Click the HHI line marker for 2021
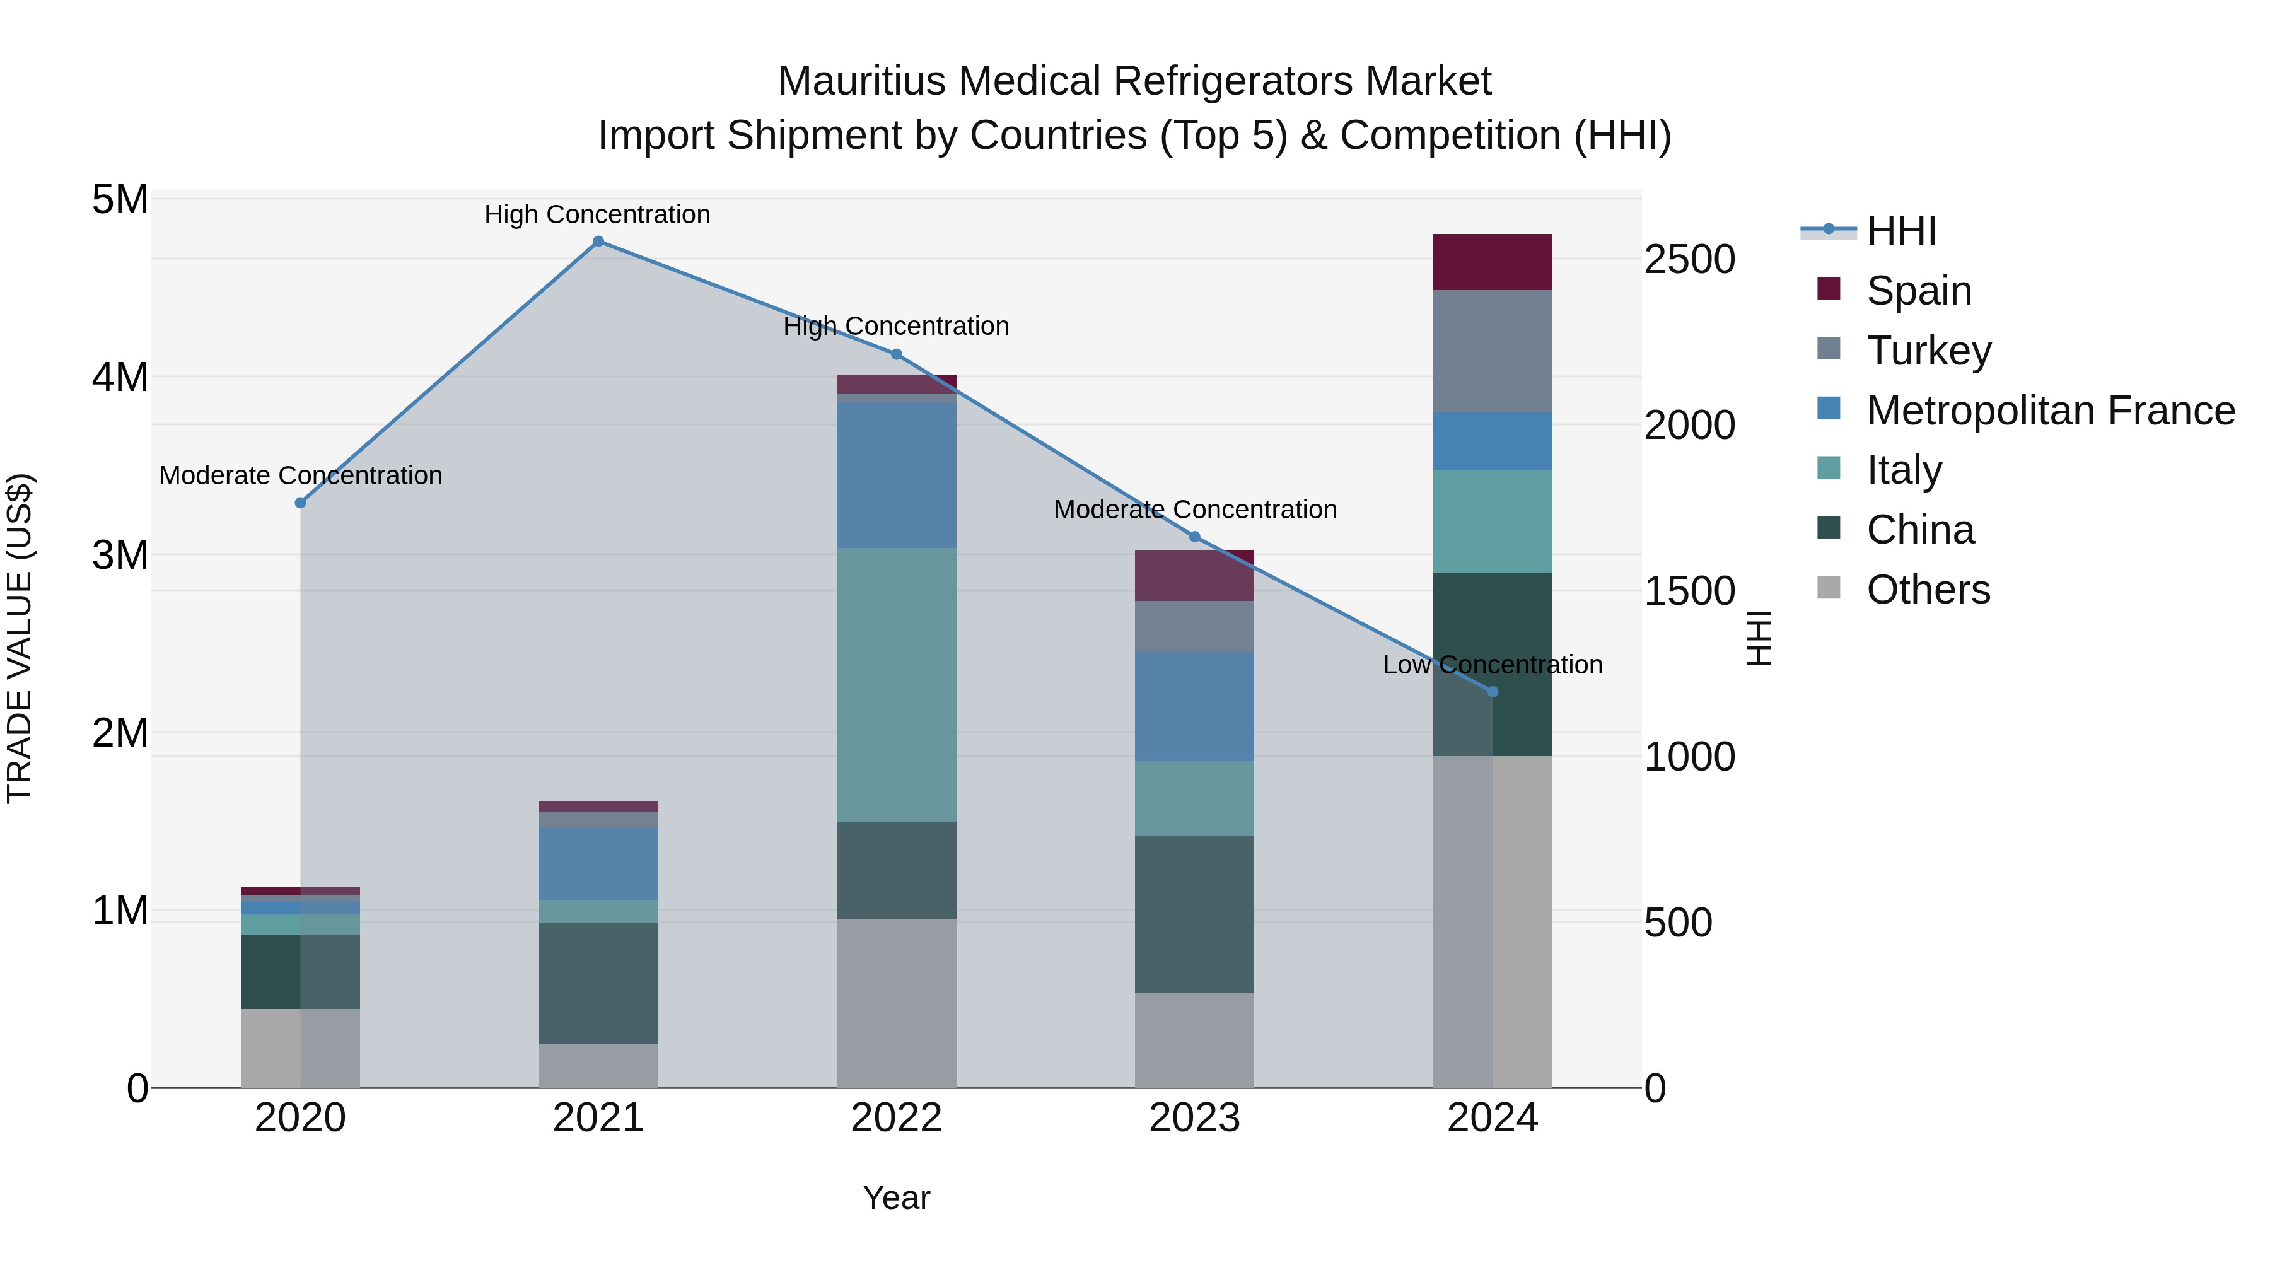tap(598, 242)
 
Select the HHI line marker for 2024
tap(1493, 692)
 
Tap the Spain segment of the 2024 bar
tap(1493, 262)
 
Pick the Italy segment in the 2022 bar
tap(896, 685)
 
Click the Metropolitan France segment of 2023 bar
tap(1194, 707)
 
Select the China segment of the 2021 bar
tap(598, 984)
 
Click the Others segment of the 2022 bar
tap(896, 1003)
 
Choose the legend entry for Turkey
tap(1928, 351)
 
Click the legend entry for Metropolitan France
tap(2050, 411)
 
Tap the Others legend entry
tap(1928, 590)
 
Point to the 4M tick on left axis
tap(120, 377)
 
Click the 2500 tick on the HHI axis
tap(1689, 260)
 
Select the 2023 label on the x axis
tap(1194, 1118)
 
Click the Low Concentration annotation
tap(1492, 665)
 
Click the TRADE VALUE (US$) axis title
tap(20, 638)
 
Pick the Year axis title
tap(896, 1198)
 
